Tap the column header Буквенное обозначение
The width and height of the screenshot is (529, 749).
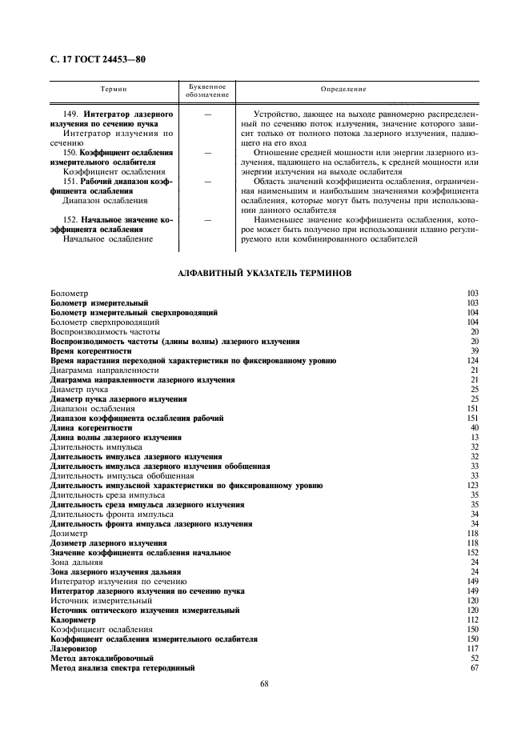pyautogui.click(x=207, y=90)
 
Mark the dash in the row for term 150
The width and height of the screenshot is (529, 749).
pyautogui.click(x=208, y=151)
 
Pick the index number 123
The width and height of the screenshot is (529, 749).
pyautogui.click(x=472, y=486)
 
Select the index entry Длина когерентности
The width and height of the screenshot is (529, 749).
pyautogui.click(x=90, y=428)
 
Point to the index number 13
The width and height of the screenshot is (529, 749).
pyautogui.click(x=474, y=438)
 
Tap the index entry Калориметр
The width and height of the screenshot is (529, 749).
pyautogui.click(x=73, y=620)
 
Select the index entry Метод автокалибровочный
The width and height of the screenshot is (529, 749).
pyautogui.click(x=100, y=659)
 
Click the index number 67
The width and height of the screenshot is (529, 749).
pyautogui.click(x=474, y=668)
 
